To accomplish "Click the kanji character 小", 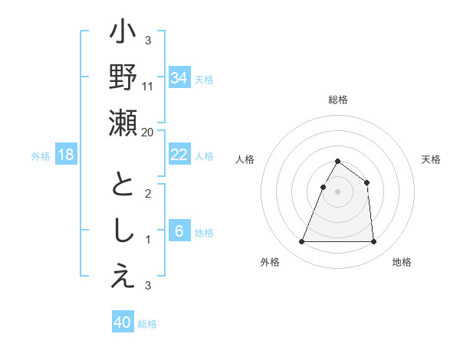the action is (123, 35).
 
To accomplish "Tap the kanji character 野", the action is (123, 79).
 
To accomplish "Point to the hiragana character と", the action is (123, 186).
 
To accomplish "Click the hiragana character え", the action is (123, 278).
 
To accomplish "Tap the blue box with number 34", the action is (179, 78).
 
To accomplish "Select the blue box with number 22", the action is (179, 155).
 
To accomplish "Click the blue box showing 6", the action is (179, 231).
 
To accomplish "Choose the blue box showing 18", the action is (66, 155).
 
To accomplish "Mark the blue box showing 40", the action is (123, 322).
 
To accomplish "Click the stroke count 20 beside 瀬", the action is (148, 132).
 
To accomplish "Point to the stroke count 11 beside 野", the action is (148, 86).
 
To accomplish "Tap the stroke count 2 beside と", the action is (148, 193).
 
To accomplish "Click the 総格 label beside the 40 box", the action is (147, 324).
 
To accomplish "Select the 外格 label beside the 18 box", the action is (41, 156).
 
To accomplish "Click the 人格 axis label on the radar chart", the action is (245, 159).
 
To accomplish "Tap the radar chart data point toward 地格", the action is (373, 242).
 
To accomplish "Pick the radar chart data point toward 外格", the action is (301, 242).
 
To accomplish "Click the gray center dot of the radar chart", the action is (337, 191).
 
